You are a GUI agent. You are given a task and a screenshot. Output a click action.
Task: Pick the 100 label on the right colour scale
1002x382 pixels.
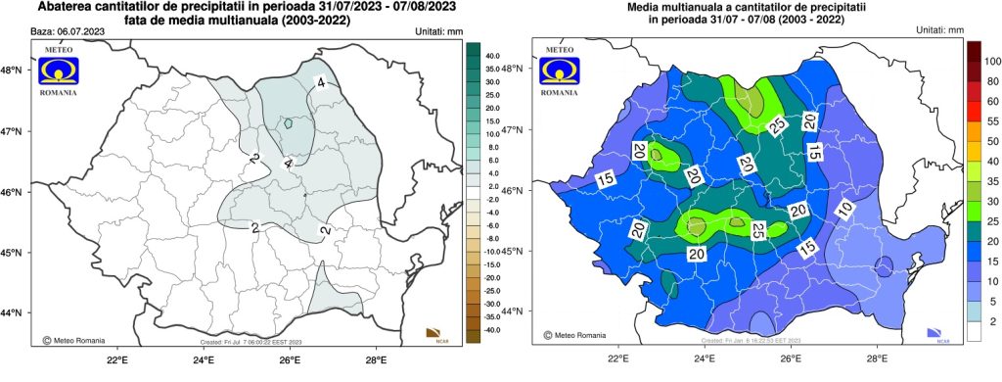[991, 61]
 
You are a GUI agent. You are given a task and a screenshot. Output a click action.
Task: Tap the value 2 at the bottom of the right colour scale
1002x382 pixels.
[991, 321]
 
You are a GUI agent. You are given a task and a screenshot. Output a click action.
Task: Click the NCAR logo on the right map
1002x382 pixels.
[943, 335]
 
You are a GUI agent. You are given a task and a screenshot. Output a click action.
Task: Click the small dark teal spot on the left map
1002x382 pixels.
[289, 124]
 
